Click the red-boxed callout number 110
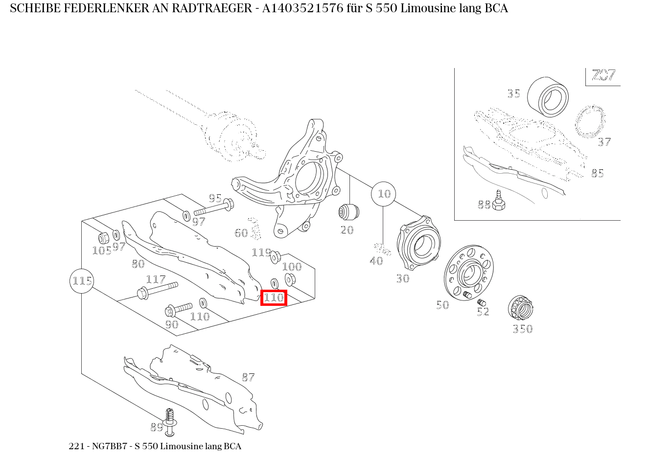274,298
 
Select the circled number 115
82,281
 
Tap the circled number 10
384,194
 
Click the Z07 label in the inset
603,76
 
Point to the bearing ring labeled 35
548,97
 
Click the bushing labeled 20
349,212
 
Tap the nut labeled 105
104,238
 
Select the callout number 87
248,377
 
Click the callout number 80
138,264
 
